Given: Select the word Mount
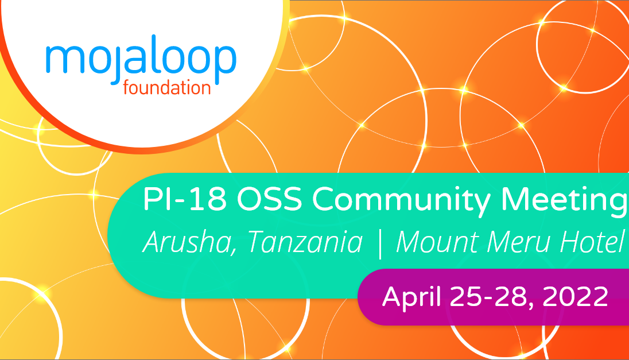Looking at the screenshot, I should pos(438,243).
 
